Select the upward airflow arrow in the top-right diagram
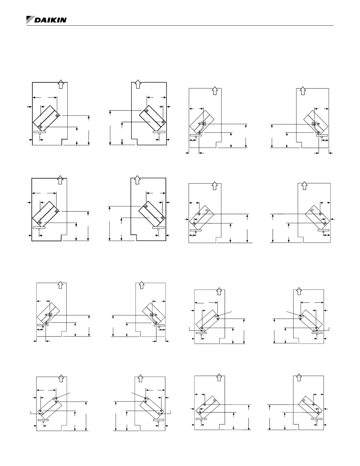[x=302, y=91]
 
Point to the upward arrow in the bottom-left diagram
[x=61, y=378]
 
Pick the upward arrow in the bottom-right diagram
[x=299, y=378]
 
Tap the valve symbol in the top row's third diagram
[x=203, y=124]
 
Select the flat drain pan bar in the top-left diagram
[x=40, y=132]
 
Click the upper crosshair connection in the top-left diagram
[x=57, y=116]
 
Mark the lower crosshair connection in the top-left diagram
[x=41, y=127]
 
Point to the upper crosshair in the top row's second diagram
[x=146, y=111]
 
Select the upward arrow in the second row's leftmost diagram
[x=60, y=179]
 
